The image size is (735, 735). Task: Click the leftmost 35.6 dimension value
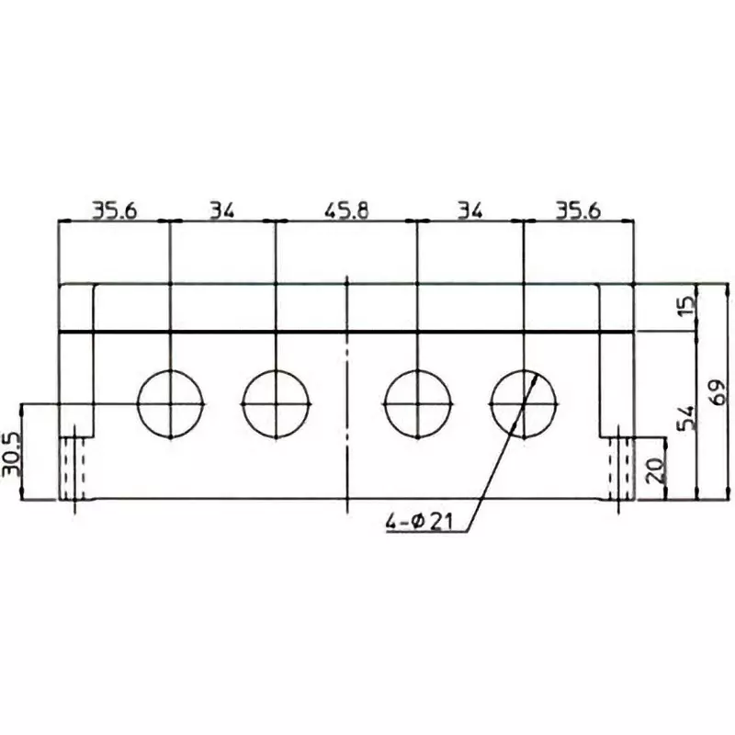[113, 210]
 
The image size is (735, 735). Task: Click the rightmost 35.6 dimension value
[578, 210]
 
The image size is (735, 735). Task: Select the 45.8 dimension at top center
[346, 210]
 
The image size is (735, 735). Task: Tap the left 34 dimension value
[221, 210]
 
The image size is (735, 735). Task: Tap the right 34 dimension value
[469, 210]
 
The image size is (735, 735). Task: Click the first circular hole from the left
[171, 403]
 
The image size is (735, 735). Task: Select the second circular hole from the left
[277, 403]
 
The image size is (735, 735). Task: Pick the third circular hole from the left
[418, 403]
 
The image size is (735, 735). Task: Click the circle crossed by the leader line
[524, 403]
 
